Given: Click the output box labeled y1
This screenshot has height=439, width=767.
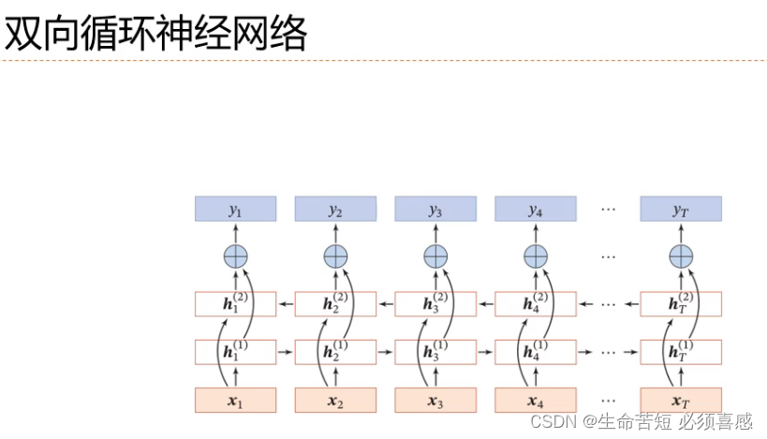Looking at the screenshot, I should tap(235, 209).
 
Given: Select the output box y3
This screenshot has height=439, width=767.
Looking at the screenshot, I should tap(435, 209).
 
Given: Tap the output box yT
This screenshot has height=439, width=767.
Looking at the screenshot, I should tap(681, 209).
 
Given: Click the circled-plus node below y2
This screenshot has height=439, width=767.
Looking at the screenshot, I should tap(335, 256).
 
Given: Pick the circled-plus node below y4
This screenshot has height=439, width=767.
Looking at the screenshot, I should tap(536, 256).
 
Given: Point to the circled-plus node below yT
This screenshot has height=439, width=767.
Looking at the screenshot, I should tap(681, 256).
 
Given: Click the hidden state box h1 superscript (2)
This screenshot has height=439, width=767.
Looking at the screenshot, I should tap(235, 304).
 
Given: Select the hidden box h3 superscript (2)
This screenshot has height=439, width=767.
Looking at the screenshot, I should tap(435, 304).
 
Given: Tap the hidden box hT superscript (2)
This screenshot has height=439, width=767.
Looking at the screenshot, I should tap(681, 304).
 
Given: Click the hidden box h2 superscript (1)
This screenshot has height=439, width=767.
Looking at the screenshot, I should tap(335, 352).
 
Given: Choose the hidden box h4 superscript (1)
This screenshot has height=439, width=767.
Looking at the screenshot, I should tap(536, 352).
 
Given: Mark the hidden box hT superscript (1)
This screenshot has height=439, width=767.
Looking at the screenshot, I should tap(681, 352).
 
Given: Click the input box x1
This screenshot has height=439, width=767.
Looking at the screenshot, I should tap(235, 400).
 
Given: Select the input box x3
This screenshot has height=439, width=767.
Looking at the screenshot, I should tap(435, 400).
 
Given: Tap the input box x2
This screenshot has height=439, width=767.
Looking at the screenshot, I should tap(335, 400).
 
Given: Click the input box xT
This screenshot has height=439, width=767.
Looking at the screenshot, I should tap(681, 400).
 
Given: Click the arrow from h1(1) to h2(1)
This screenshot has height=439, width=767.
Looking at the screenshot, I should tap(286, 352).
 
